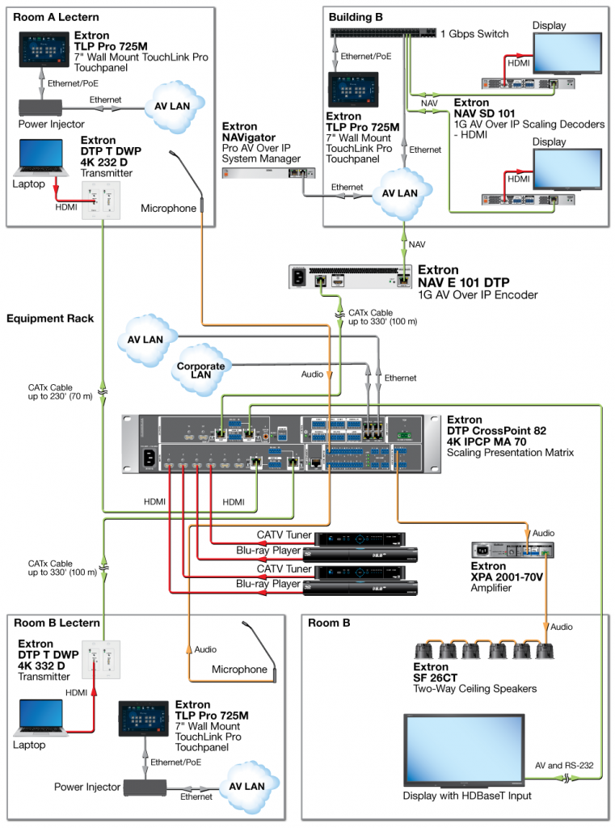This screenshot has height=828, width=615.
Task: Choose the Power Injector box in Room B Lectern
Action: pyautogui.click(x=143, y=786)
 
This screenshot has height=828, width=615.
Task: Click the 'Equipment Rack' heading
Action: pyautogui.click(x=50, y=319)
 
